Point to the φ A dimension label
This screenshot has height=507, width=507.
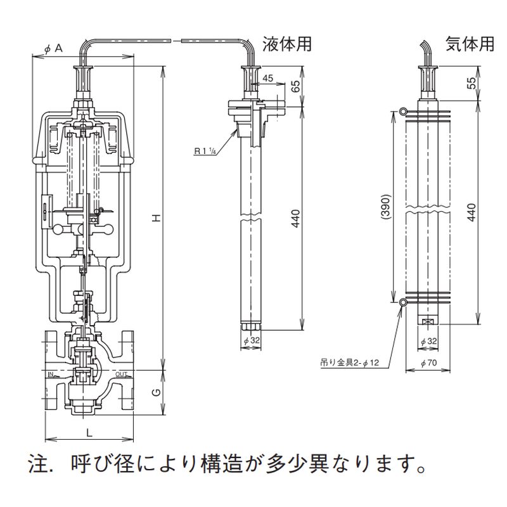[54, 49]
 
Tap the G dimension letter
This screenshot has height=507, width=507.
[154, 392]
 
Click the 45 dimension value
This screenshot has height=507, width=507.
[267, 78]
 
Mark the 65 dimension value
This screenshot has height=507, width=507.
[295, 86]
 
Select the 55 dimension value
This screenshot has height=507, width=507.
[470, 84]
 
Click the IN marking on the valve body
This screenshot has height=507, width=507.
[53, 375]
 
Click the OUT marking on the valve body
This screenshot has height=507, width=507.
[121, 375]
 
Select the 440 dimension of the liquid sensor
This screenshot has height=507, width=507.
[295, 215]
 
